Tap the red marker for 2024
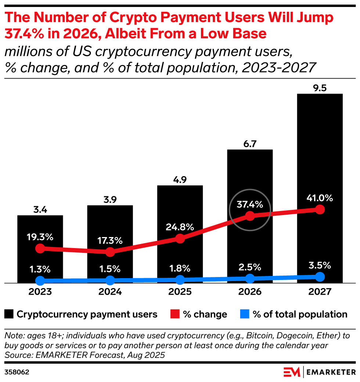110,252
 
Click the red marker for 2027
320,210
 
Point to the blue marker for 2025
180,280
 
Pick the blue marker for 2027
320,277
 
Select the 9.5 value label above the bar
320,88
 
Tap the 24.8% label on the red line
180,227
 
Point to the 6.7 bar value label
250,143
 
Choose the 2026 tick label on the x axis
250,292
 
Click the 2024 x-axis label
110,292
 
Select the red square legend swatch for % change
174,314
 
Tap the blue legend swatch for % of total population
245,314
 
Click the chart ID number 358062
17,372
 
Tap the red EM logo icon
292,372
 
